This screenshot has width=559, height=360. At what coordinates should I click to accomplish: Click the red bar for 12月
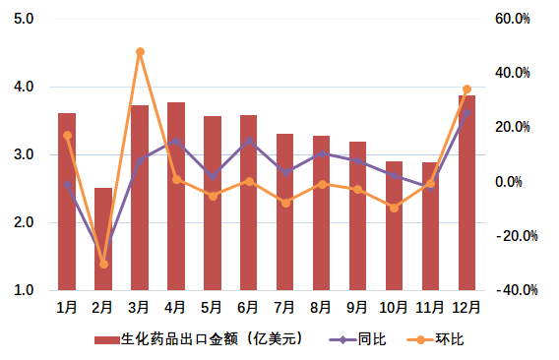(x=466, y=193)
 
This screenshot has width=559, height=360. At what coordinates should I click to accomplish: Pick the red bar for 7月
(x=284, y=212)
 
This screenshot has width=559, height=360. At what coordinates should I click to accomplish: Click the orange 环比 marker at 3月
(x=140, y=52)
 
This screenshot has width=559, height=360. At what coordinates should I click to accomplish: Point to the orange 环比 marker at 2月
(x=103, y=265)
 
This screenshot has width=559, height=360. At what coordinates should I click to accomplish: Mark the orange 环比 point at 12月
(x=466, y=90)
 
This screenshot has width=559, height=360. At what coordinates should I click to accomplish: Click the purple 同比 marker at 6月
(x=249, y=141)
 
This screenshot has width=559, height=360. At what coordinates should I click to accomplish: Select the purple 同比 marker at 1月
(x=67, y=184)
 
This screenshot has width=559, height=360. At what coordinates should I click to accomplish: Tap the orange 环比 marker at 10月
(x=394, y=208)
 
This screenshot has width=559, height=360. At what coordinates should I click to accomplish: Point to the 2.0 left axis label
(x=25, y=223)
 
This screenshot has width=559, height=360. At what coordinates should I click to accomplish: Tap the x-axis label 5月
(x=213, y=308)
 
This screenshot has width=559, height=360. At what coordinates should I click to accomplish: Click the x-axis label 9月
(x=357, y=308)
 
